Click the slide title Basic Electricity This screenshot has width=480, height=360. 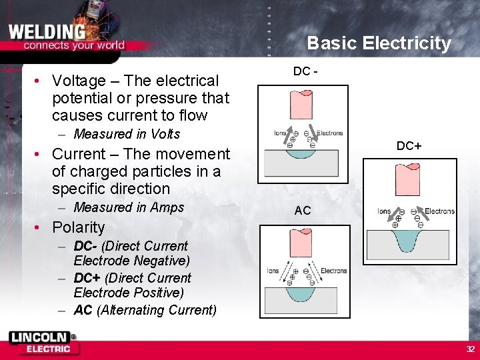(x=379, y=44)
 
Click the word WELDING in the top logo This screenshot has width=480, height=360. (x=47, y=31)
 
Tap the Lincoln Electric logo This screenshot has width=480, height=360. (x=43, y=342)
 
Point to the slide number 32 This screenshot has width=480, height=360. (x=470, y=349)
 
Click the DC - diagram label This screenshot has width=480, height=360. (x=304, y=71)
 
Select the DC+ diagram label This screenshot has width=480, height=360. (x=409, y=146)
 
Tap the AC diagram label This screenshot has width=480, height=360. (x=303, y=211)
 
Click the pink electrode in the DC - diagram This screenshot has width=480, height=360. (x=301, y=105)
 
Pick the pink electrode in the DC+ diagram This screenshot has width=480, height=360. (x=407, y=179)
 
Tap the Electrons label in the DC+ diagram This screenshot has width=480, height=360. (x=439, y=211)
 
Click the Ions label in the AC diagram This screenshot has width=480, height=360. (x=273, y=271)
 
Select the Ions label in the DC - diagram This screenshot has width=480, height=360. (x=280, y=133)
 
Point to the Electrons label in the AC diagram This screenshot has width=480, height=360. (x=333, y=271)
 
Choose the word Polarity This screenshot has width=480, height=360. (x=78, y=227)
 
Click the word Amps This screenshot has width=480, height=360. (x=167, y=207)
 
